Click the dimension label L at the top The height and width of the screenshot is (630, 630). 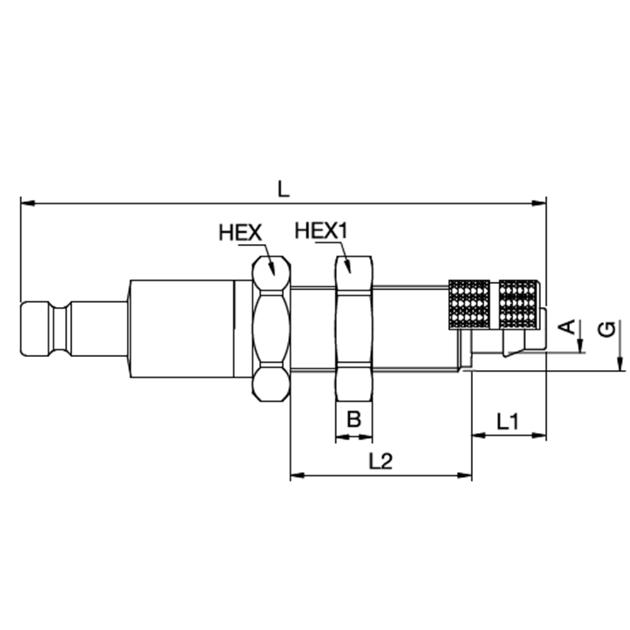[x=283, y=188]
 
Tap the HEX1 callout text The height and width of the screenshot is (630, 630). [x=321, y=231]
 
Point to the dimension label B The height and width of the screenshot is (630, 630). [x=354, y=419]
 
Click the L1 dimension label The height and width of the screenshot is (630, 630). [x=507, y=421]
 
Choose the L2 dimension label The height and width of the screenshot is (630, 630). [x=381, y=461]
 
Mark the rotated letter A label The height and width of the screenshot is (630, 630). [x=568, y=327]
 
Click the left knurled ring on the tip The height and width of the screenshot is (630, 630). [x=469, y=304]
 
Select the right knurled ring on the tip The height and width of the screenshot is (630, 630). [x=518, y=304]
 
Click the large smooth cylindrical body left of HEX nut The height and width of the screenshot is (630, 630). [x=181, y=328]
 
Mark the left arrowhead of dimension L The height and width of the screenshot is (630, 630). [x=26, y=203]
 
